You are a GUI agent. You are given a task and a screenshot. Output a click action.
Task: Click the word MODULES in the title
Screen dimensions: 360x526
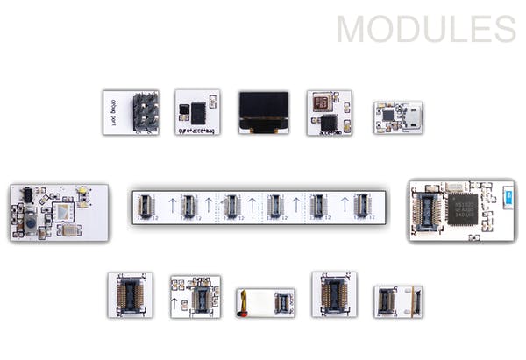pyautogui.click(x=426, y=28)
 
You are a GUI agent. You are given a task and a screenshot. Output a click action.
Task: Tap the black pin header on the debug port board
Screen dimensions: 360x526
pyautogui.click(x=145, y=112)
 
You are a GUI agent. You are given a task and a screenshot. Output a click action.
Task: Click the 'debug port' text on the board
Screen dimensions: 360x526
pyautogui.click(x=111, y=112)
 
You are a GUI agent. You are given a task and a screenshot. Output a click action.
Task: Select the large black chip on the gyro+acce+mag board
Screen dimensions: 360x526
pyautogui.click(x=199, y=111)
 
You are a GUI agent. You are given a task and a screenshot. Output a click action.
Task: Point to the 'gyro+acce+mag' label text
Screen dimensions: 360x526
pyautogui.click(x=197, y=129)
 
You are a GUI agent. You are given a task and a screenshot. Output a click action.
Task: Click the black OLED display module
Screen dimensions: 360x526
pyautogui.click(x=263, y=111)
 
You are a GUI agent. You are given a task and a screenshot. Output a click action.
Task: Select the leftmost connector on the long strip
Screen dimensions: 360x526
pyautogui.click(x=146, y=205)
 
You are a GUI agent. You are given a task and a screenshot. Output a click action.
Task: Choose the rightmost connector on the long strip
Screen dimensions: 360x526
pyautogui.click(x=360, y=205)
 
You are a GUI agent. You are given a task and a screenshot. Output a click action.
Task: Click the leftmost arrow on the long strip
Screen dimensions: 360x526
pyautogui.click(x=172, y=206)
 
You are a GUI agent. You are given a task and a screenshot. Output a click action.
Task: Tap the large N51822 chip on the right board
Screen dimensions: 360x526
pyautogui.click(x=461, y=208)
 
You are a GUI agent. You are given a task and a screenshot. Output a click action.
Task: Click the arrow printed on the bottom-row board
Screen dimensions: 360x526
pyautogui.click(x=178, y=304)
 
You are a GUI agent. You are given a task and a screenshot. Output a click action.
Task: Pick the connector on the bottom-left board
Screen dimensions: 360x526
pyautogui.click(x=130, y=295)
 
